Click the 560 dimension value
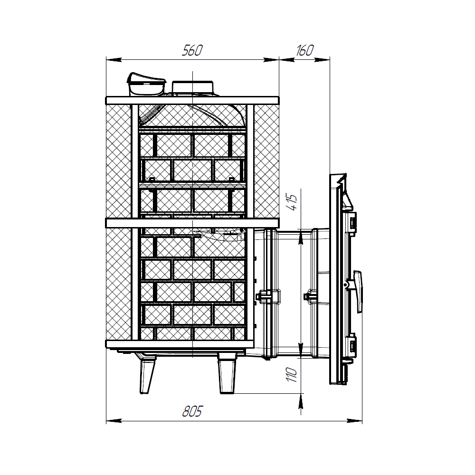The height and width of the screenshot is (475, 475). pyautogui.click(x=192, y=51)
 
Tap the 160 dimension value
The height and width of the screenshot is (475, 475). pyautogui.click(x=304, y=51)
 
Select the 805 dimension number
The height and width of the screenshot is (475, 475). pyautogui.click(x=192, y=412)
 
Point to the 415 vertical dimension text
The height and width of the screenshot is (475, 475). pyautogui.click(x=292, y=202)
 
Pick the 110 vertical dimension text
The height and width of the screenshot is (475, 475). pyautogui.click(x=292, y=375)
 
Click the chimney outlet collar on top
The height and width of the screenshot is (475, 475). pyautogui.click(x=193, y=88)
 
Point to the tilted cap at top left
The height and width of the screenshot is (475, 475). pyautogui.click(x=146, y=84)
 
